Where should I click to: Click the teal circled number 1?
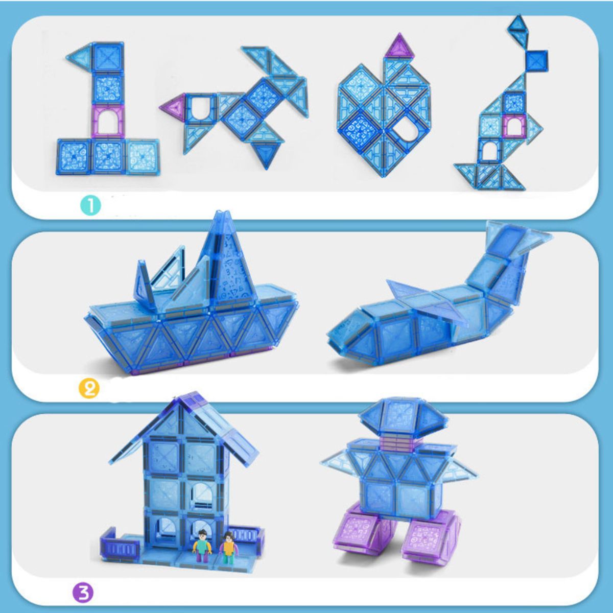pyautogui.click(x=91, y=206)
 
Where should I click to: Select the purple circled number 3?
pyautogui.click(x=83, y=593)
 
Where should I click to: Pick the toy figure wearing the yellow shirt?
pyautogui.click(x=228, y=547)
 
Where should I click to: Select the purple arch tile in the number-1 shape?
pyautogui.click(x=108, y=122)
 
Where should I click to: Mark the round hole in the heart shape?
pyautogui.click(x=408, y=131)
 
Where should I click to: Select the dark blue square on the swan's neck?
pyautogui.click(x=536, y=60)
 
